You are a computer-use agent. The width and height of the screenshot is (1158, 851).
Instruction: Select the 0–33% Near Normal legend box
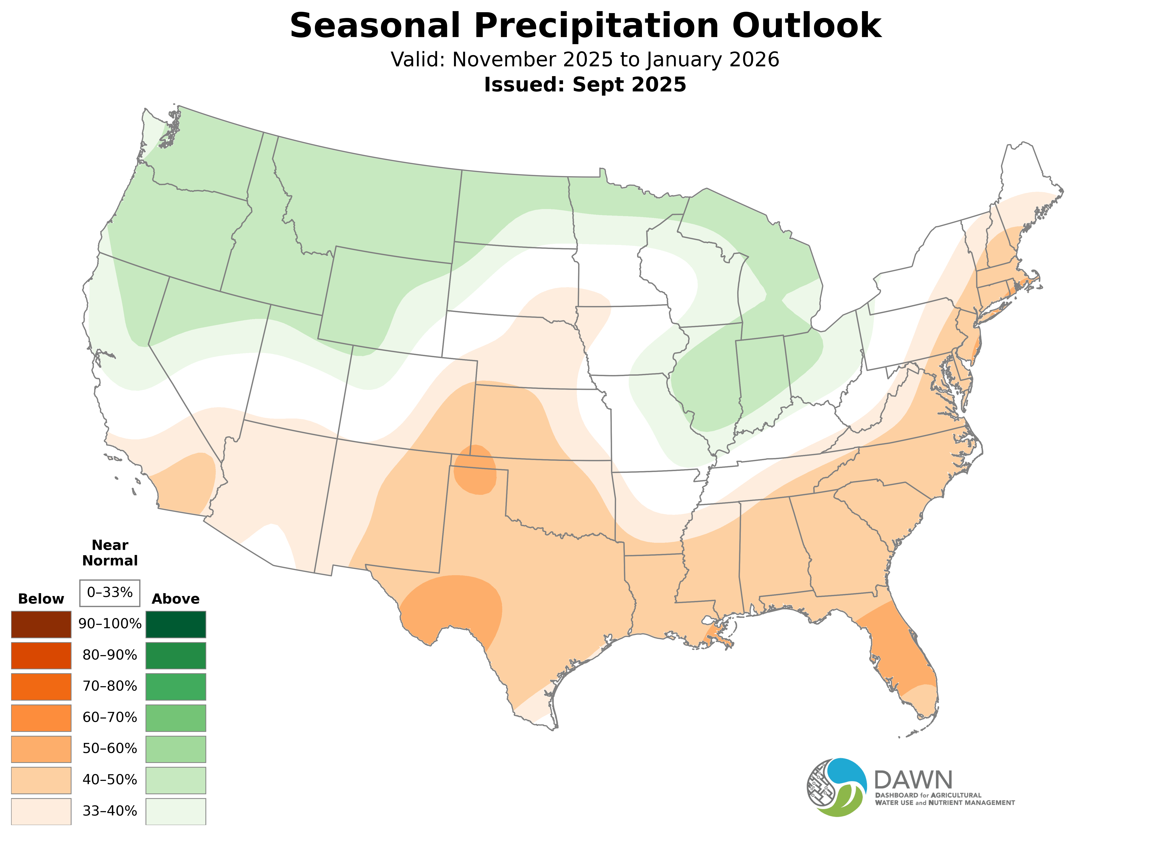click(x=110, y=592)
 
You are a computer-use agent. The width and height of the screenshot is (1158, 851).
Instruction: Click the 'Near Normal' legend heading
click(x=110, y=553)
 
